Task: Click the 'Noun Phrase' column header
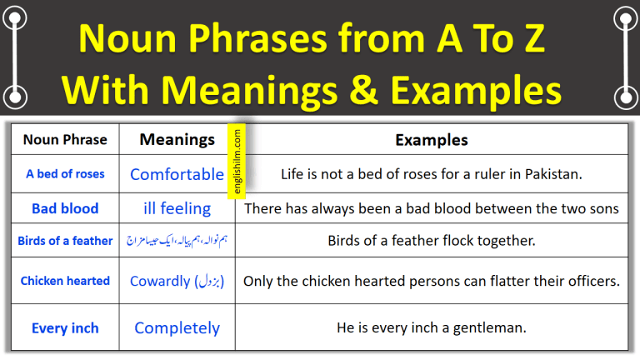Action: (x=65, y=140)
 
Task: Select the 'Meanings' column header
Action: (x=177, y=140)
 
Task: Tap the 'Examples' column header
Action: (x=431, y=140)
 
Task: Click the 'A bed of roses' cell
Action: (x=65, y=174)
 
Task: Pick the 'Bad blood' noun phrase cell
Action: (x=65, y=208)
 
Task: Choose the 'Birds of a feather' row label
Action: (x=65, y=241)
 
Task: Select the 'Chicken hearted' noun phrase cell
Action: (x=65, y=281)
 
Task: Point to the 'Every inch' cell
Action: (x=65, y=327)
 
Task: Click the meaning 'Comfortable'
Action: (x=177, y=174)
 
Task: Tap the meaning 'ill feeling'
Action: (x=177, y=208)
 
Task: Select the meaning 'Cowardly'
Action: (x=160, y=281)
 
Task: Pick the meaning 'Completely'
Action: (x=177, y=327)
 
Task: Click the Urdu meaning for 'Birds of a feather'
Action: (x=177, y=241)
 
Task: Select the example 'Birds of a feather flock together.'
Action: (x=431, y=241)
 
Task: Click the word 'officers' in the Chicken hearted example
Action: (x=591, y=281)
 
